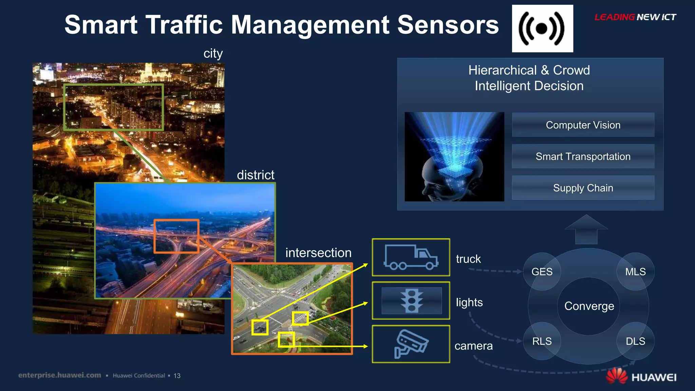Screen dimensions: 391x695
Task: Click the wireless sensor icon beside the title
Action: [542, 29]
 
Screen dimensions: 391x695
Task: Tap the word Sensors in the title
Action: [448, 25]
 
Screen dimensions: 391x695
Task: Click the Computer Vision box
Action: [583, 125]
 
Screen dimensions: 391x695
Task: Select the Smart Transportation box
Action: [583, 156]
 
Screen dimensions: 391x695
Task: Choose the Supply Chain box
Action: [583, 188]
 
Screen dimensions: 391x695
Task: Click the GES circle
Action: [542, 272]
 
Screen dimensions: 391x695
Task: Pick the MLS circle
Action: [635, 272]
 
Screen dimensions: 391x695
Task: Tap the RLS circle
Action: [542, 341]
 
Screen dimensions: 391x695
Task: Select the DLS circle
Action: [635, 341]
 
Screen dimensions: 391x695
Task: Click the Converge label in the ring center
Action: [589, 306]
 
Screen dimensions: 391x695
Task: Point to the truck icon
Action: [411, 257]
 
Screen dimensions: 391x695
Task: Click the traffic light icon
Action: [411, 301]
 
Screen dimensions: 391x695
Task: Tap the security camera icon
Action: [411, 344]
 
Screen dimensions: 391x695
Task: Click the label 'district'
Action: [256, 175]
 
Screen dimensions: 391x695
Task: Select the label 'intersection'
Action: [318, 253]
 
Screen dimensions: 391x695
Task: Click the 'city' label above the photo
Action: [213, 54]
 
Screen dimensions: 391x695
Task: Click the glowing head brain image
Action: [454, 157]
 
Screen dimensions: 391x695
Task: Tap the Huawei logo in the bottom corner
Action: [641, 376]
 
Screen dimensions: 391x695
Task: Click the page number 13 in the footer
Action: [177, 376]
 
